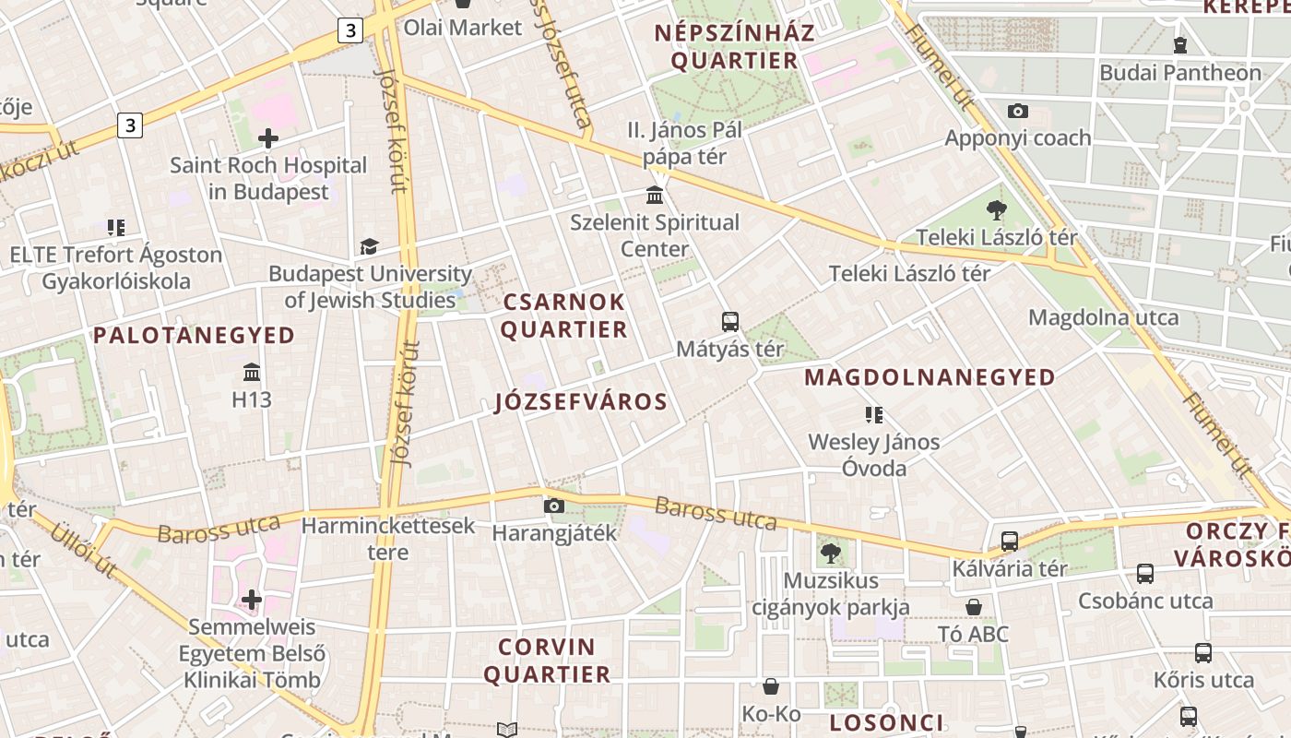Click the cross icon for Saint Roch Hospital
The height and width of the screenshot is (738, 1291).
(268, 139)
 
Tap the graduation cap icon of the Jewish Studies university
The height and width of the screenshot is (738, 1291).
(369, 247)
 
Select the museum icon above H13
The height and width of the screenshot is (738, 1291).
(252, 373)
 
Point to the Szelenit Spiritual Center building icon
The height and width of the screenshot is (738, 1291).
(656, 196)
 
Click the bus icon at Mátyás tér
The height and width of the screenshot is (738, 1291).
(730, 322)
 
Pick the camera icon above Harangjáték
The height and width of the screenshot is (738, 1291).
(554, 506)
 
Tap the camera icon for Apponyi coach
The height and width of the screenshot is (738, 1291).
(1018, 112)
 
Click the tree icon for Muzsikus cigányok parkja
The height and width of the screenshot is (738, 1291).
(831, 553)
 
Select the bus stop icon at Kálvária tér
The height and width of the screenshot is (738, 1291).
(1010, 542)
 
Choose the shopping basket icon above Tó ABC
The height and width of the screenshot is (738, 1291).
(974, 607)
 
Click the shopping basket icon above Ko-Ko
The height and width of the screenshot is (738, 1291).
(771, 686)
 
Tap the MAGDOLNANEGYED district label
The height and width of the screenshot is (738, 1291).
(930, 377)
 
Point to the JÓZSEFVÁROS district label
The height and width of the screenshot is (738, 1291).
(581, 402)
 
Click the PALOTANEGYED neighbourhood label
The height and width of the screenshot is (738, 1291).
(194, 335)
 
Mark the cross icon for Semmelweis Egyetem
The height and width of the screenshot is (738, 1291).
(252, 601)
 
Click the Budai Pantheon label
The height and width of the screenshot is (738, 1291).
(1180, 73)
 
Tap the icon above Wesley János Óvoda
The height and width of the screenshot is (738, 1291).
(873, 415)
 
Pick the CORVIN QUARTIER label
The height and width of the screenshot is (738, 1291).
(547, 661)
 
